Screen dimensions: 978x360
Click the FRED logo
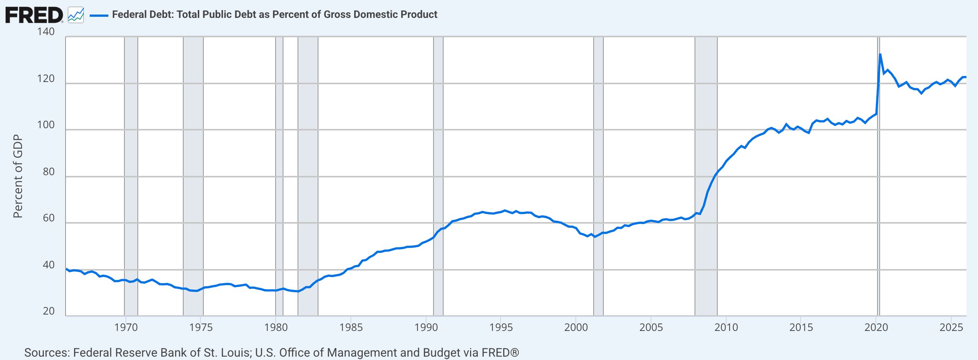tap(34, 15)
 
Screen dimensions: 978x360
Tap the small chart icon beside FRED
tap(76, 15)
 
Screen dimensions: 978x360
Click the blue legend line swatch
tap(99, 16)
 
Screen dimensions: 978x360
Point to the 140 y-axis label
tap(46, 32)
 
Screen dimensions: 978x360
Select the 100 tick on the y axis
tap(46, 125)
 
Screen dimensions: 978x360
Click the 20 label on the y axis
tap(48, 311)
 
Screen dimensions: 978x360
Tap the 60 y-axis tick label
tap(48, 218)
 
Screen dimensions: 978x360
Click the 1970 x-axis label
tap(126, 327)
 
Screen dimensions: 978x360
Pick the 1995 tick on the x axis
tap(501, 327)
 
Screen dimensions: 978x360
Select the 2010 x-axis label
tap(726, 327)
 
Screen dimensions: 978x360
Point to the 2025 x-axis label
tap(952, 327)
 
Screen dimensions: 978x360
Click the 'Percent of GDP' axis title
tap(18, 176)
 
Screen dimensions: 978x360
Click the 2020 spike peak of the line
tap(880, 54)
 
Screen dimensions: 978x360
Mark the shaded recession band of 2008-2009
tap(706, 176)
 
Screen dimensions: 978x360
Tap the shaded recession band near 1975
tap(193, 176)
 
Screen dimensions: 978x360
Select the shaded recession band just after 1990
tap(438, 176)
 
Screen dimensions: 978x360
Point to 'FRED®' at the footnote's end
tap(500, 353)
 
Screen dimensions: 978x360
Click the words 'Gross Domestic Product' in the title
tap(380, 15)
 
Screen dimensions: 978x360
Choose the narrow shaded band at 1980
tap(279, 176)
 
